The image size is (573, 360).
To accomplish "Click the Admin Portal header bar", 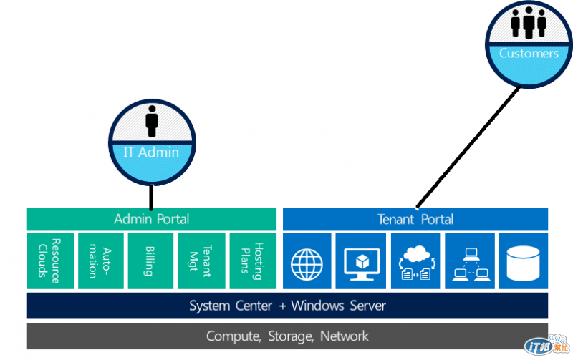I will point(151,219).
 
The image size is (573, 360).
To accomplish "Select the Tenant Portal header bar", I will point(415,219).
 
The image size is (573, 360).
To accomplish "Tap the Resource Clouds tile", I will point(50,261).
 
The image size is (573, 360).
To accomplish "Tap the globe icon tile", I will point(307,261).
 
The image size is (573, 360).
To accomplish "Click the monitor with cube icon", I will point(361,261).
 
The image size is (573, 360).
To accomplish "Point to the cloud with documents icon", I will point(415,261).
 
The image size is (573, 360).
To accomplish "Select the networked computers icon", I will point(469,261).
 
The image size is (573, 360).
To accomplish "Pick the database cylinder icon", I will point(523,261).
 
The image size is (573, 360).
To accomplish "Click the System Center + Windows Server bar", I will point(287,306).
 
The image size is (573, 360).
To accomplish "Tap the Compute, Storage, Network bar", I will point(287,336).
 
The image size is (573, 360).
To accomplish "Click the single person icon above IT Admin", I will point(151,122).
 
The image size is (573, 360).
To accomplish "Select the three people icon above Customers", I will point(529,23).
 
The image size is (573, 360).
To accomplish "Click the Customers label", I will point(529,53).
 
